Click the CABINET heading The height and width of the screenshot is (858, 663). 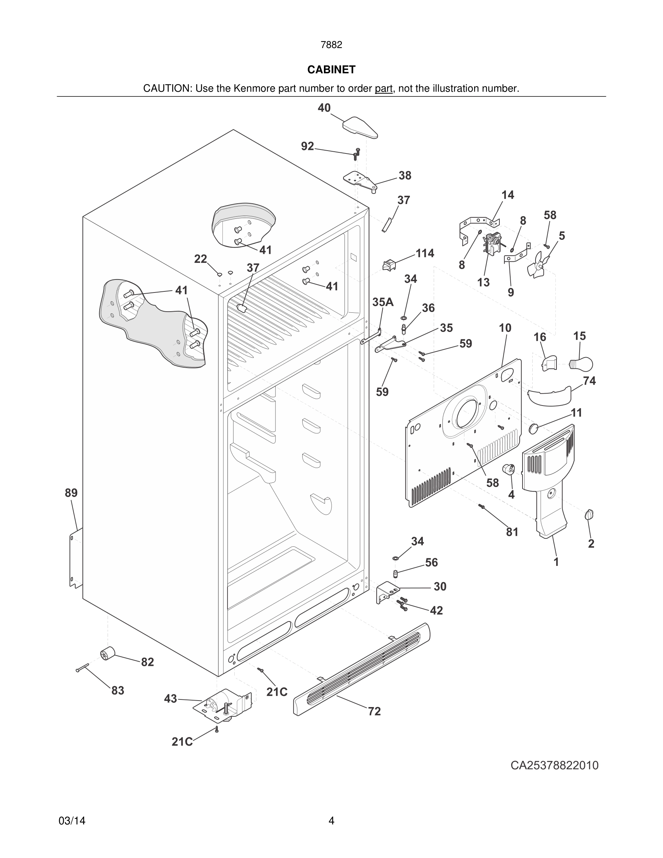coord(331,70)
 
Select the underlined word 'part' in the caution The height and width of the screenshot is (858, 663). coord(383,88)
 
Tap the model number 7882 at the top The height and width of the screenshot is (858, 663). coord(331,45)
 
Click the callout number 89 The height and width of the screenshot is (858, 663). coord(71,493)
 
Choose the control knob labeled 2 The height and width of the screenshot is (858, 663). coord(589,514)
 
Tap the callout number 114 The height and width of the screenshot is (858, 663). coord(425,253)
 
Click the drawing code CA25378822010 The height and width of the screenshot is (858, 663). coord(554,765)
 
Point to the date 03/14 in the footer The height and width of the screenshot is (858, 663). coord(72,821)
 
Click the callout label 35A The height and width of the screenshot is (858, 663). coord(383,302)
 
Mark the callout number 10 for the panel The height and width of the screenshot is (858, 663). coord(505,328)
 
